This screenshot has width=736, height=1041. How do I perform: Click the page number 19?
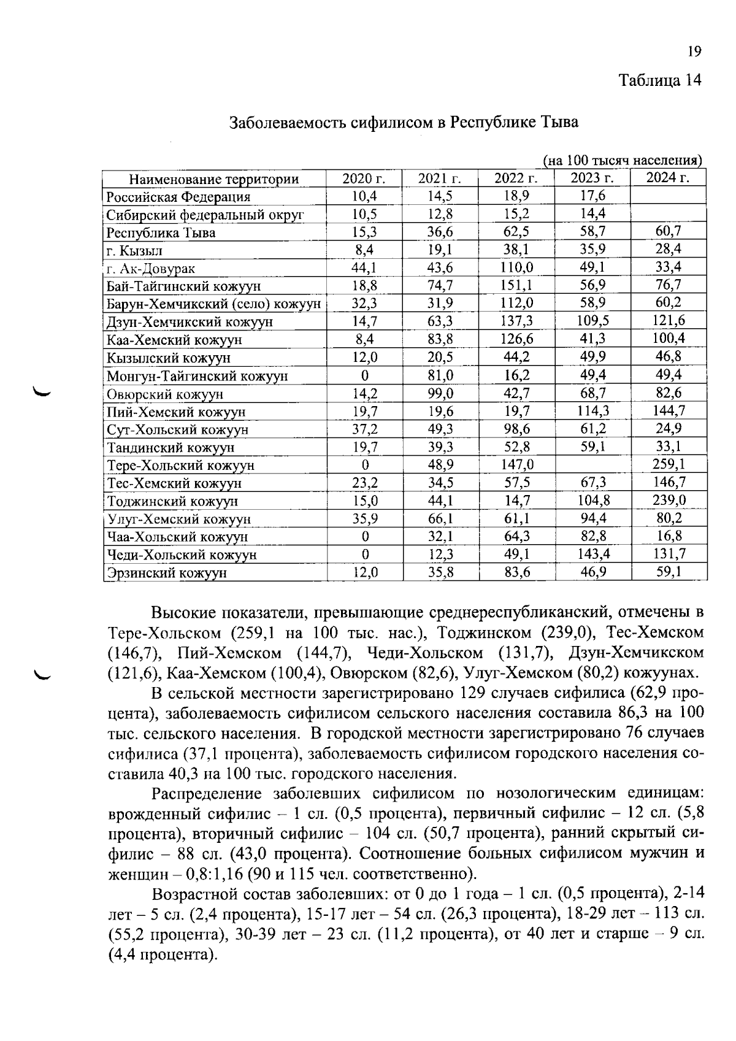(x=694, y=52)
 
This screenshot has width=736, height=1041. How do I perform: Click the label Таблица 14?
(x=659, y=80)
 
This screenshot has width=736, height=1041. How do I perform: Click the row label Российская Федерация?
(x=178, y=197)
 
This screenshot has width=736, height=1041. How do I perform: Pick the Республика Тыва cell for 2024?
(x=668, y=231)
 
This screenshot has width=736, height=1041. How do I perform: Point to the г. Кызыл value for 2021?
(x=439, y=250)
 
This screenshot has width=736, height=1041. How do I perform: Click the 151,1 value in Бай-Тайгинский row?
(x=516, y=285)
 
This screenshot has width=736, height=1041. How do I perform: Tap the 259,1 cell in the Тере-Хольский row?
(x=669, y=464)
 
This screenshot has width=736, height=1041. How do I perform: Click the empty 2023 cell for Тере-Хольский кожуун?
(x=592, y=465)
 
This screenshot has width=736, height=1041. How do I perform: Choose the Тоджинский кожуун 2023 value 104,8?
(x=592, y=501)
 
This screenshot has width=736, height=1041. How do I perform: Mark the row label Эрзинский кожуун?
(x=167, y=573)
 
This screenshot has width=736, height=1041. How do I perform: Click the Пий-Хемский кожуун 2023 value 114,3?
(x=592, y=411)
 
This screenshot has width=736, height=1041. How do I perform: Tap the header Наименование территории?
(x=213, y=179)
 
